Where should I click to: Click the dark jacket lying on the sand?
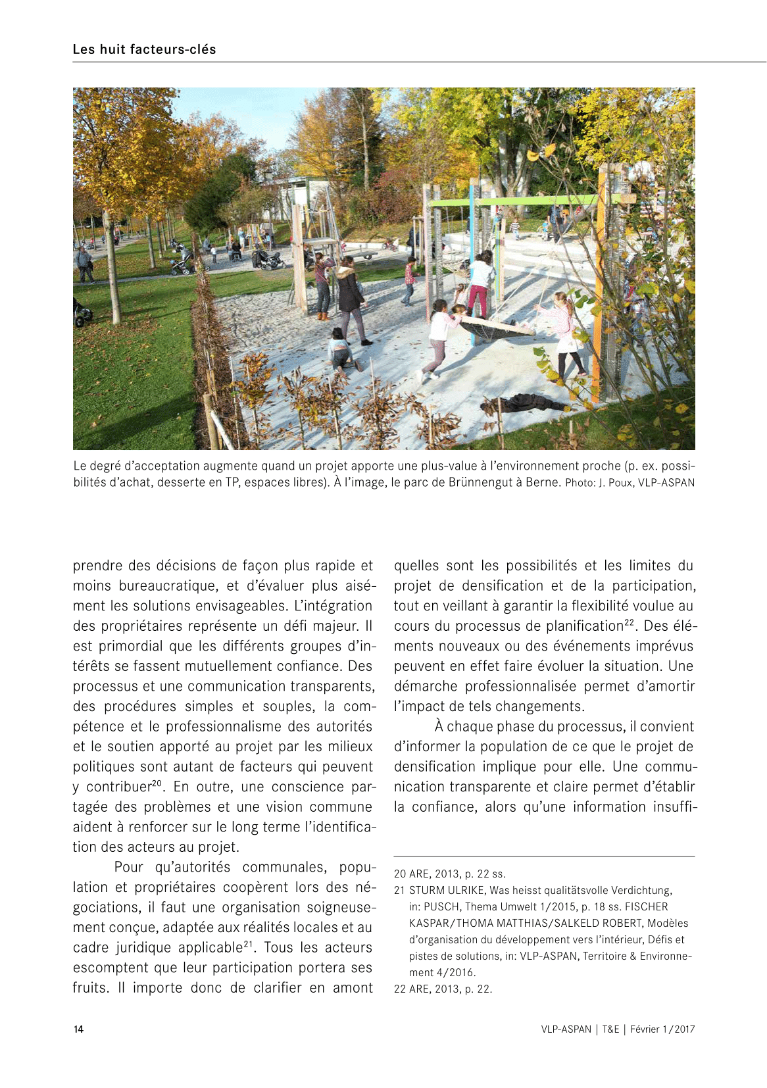[523, 402]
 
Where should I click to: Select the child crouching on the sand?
[340, 349]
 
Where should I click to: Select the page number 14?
[78, 1029]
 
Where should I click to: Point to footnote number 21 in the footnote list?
[399, 891]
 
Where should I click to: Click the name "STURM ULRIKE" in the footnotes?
[447, 891]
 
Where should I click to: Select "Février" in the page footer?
[645, 1029]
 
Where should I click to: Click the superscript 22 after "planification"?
[630, 622]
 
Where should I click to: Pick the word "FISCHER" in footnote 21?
[647, 907]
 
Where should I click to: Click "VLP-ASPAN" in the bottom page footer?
[566, 1029]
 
